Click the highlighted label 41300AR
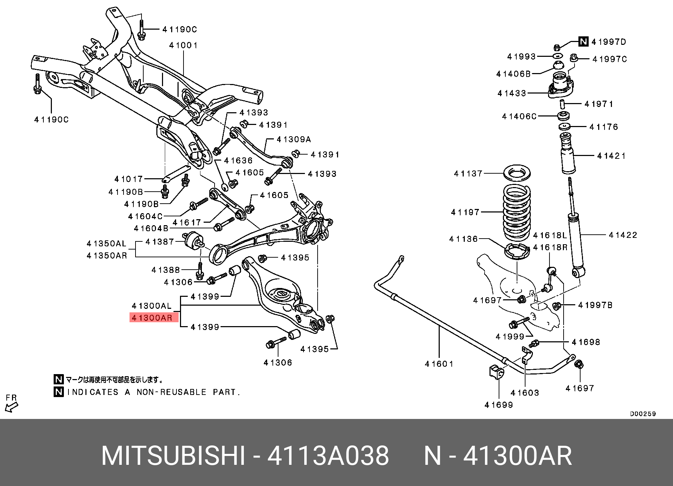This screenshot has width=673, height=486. click(x=152, y=318)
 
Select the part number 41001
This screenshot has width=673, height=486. click(x=183, y=45)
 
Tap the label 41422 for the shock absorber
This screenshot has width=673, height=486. click(x=623, y=235)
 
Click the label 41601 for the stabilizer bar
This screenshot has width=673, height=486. click(x=439, y=364)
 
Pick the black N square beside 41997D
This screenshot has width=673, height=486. click(x=583, y=42)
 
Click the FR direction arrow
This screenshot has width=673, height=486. click(x=11, y=407)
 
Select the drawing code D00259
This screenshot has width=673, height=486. click(x=643, y=414)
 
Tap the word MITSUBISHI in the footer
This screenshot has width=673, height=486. click(x=173, y=456)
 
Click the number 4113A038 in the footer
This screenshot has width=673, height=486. click(x=328, y=456)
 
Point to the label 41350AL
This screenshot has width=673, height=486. click(x=107, y=244)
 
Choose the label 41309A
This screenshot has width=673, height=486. click(x=294, y=139)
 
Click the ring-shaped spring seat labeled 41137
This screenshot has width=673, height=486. click(x=517, y=173)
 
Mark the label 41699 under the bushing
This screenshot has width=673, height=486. click(x=499, y=405)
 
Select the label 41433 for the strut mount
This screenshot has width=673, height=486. click(x=512, y=93)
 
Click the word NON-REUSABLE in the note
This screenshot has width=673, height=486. click(x=172, y=392)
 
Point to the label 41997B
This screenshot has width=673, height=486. click(x=595, y=305)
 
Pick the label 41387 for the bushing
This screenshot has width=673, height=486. click(x=160, y=242)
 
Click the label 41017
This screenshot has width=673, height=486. click(x=128, y=179)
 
